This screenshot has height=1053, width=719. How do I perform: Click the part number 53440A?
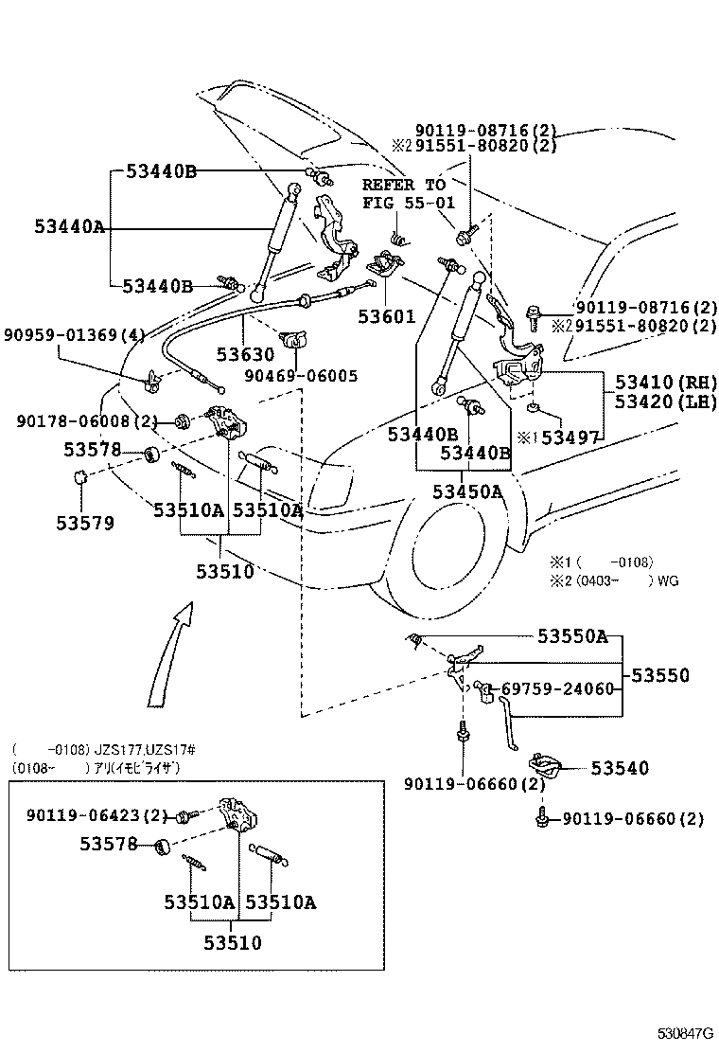[70, 227]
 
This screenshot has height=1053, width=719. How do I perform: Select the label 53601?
[386, 316]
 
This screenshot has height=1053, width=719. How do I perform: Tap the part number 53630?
[245, 355]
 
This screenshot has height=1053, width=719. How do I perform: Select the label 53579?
[84, 522]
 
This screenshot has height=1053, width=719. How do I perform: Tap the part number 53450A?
[467, 491]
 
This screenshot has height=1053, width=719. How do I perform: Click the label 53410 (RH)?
[666, 382]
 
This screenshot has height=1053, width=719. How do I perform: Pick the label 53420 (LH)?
[666, 402]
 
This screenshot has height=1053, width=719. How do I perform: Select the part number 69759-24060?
[557, 689]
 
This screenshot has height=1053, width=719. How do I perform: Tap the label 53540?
[620, 768]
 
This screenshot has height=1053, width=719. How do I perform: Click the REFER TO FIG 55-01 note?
[403, 194]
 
